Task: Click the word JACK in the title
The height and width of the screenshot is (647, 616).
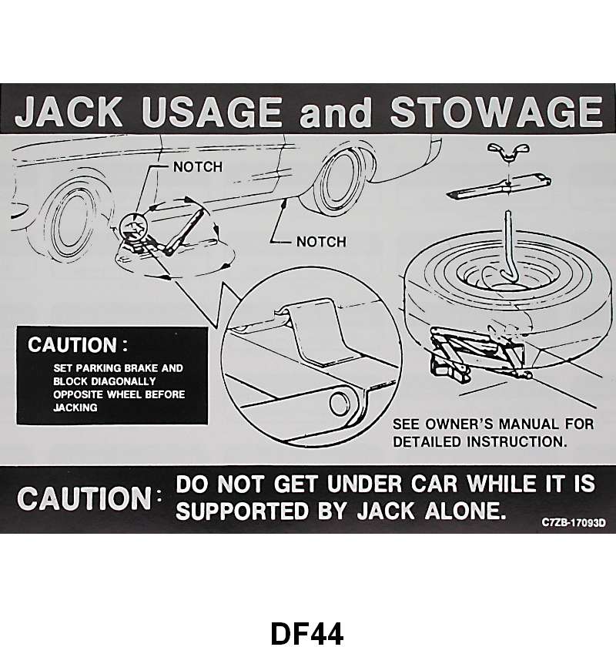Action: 70,114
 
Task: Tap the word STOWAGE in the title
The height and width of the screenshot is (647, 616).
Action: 496,114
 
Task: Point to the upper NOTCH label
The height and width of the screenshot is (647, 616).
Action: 197,166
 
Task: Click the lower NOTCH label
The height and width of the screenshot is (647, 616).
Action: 321,242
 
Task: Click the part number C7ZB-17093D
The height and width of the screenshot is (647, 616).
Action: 573,522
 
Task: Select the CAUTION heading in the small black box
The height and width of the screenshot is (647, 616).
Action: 76,345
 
